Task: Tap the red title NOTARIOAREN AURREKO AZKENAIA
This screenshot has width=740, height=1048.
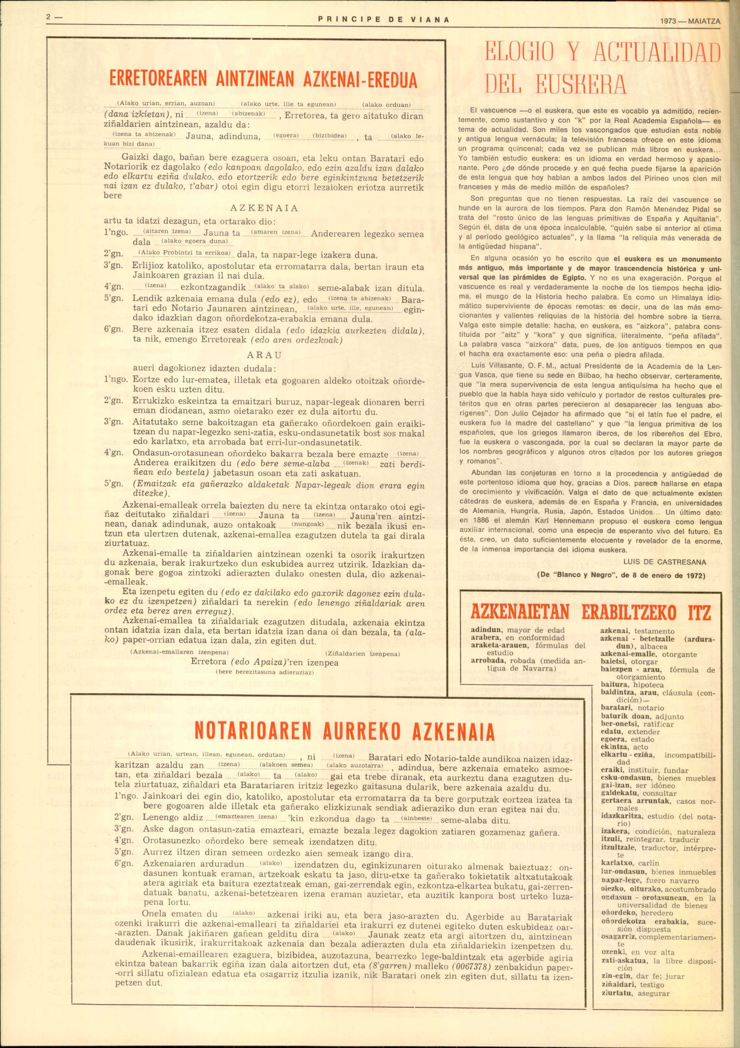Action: click(344, 732)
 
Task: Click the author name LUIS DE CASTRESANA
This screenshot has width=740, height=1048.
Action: click(664, 562)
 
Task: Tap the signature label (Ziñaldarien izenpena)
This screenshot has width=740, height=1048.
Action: click(363, 654)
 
